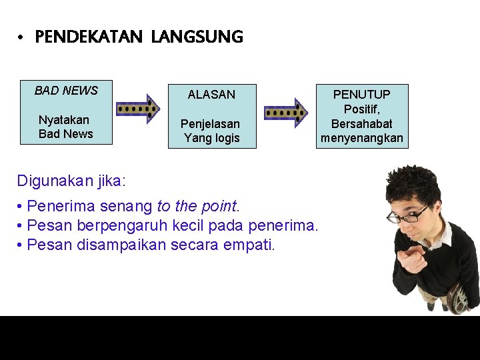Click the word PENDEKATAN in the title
tap(88, 37)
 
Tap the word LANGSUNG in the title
tap(197, 37)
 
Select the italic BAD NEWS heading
tap(66, 91)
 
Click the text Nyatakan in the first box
tap(64, 120)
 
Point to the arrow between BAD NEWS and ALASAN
tap(138, 108)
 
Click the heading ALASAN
tap(211, 95)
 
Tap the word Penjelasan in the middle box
tap(210, 125)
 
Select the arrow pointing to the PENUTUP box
tap(286, 111)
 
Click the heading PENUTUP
tap(361, 95)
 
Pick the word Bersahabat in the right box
tap(361, 124)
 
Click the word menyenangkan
tap(361, 138)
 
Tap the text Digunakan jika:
tap(71, 180)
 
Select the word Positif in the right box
tap(361, 109)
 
